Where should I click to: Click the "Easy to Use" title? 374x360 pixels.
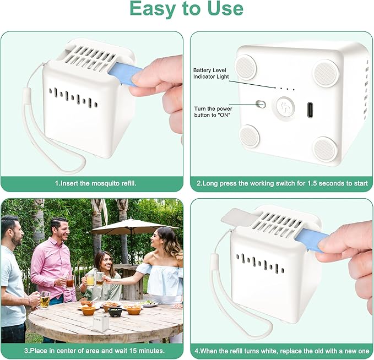(187, 9)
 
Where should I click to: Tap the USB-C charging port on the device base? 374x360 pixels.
(310, 110)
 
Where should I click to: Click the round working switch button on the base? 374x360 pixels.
(284, 107)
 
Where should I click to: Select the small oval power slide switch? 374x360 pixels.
(261, 104)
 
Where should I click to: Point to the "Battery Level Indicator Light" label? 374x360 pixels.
(211, 73)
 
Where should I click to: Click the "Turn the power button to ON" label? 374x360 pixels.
(213, 112)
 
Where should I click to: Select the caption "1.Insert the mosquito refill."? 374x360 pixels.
(96, 183)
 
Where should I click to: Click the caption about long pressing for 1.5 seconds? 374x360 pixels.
(282, 183)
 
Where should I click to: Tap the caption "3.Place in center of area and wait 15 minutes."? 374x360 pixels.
(94, 351)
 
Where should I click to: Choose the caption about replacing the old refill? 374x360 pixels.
(281, 351)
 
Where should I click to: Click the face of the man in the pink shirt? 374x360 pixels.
(61, 230)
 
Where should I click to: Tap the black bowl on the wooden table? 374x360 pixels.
(115, 312)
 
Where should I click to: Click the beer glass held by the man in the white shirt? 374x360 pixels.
(45, 301)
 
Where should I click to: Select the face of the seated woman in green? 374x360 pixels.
(105, 262)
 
